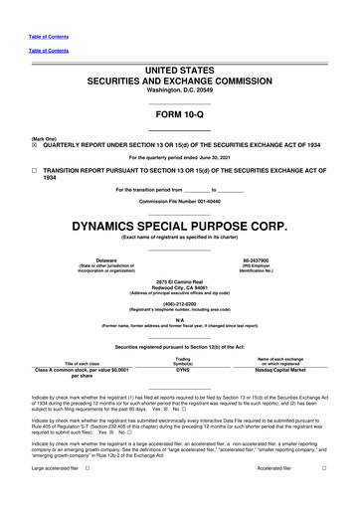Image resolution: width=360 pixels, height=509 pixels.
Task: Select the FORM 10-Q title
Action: (180, 115)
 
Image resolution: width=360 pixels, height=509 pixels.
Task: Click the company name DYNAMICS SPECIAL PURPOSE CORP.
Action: (180, 225)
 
